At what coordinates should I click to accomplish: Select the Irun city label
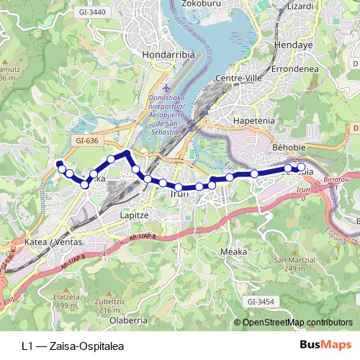[x=178, y=193]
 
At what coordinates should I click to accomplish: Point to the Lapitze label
[x=134, y=215]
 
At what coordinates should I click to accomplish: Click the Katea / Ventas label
[x=48, y=243]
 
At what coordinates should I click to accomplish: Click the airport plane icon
[x=168, y=87]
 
